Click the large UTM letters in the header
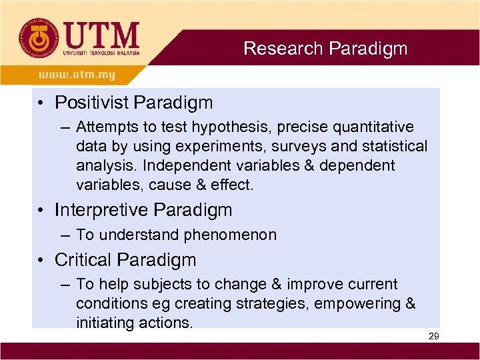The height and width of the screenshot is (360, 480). pyautogui.click(x=101, y=34)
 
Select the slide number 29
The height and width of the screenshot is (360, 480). pyautogui.click(x=433, y=337)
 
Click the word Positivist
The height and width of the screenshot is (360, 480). pyautogui.click(x=92, y=103)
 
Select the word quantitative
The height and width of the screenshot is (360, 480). pyautogui.click(x=372, y=127)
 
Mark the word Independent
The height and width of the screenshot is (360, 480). pyautogui.click(x=174, y=165)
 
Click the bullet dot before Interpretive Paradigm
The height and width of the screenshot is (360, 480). pyautogui.click(x=41, y=211)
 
